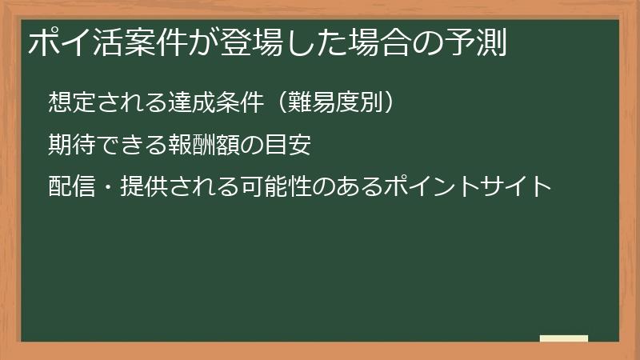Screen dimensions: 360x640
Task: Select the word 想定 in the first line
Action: click(70, 102)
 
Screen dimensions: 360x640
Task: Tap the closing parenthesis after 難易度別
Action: click(382, 102)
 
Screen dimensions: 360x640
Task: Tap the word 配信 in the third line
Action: click(70, 187)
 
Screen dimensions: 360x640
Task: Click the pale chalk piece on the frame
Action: click(564, 338)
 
